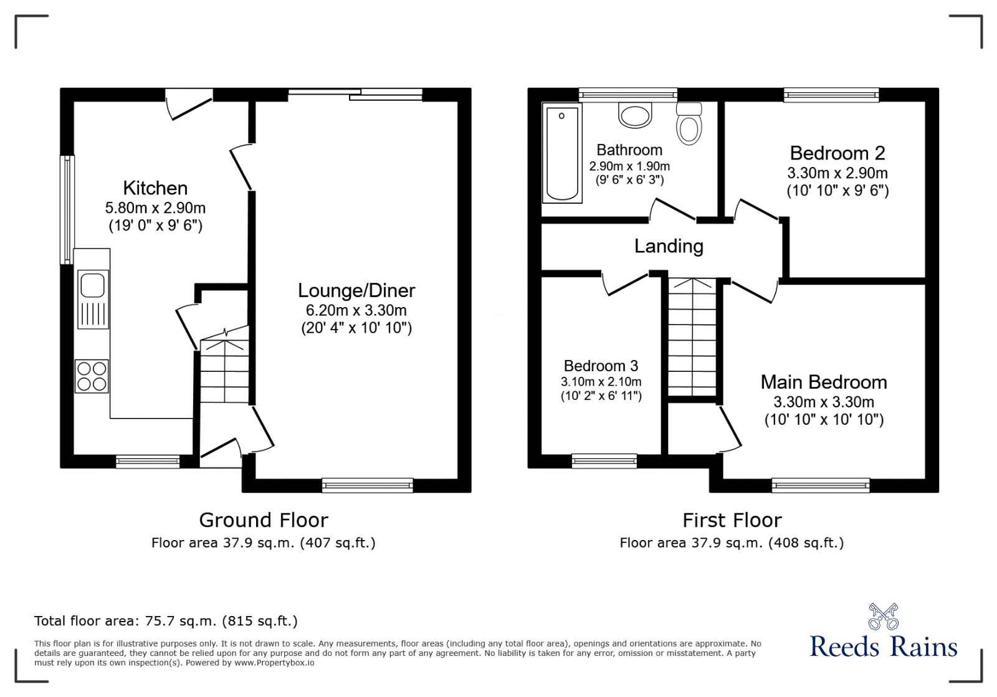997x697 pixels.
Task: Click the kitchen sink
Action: (x=93, y=285)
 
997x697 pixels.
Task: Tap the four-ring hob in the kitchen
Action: (x=92, y=376)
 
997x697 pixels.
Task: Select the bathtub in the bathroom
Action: (x=562, y=153)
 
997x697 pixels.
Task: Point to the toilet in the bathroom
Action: (x=689, y=124)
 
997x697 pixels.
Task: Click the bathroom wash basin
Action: (x=635, y=115)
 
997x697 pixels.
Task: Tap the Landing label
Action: (x=669, y=246)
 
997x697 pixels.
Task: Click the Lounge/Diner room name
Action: (x=356, y=290)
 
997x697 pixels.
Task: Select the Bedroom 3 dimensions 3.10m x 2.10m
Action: (x=601, y=382)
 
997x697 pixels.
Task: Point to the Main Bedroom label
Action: (x=824, y=382)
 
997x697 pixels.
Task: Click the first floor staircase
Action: (x=692, y=336)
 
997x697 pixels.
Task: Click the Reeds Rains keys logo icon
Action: (x=884, y=616)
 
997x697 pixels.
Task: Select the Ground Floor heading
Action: (x=264, y=520)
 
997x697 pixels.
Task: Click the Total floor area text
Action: (x=166, y=621)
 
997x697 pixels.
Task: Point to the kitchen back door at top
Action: (x=189, y=103)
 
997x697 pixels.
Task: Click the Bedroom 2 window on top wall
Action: (x=831, y=95)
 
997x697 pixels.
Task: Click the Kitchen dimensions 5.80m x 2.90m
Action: (x=156, y=208)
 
